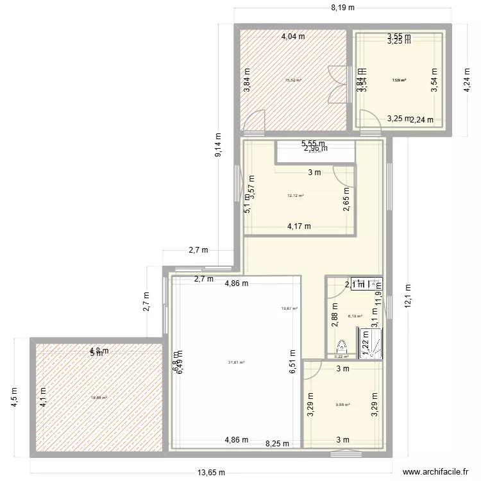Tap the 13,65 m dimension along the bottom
211,473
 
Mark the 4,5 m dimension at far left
15,391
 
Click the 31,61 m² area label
237,362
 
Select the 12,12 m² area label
295,196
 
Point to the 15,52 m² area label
293,80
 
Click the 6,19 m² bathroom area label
355,316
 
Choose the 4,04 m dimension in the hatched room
294,37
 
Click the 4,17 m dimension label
299,226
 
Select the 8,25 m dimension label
277,443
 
